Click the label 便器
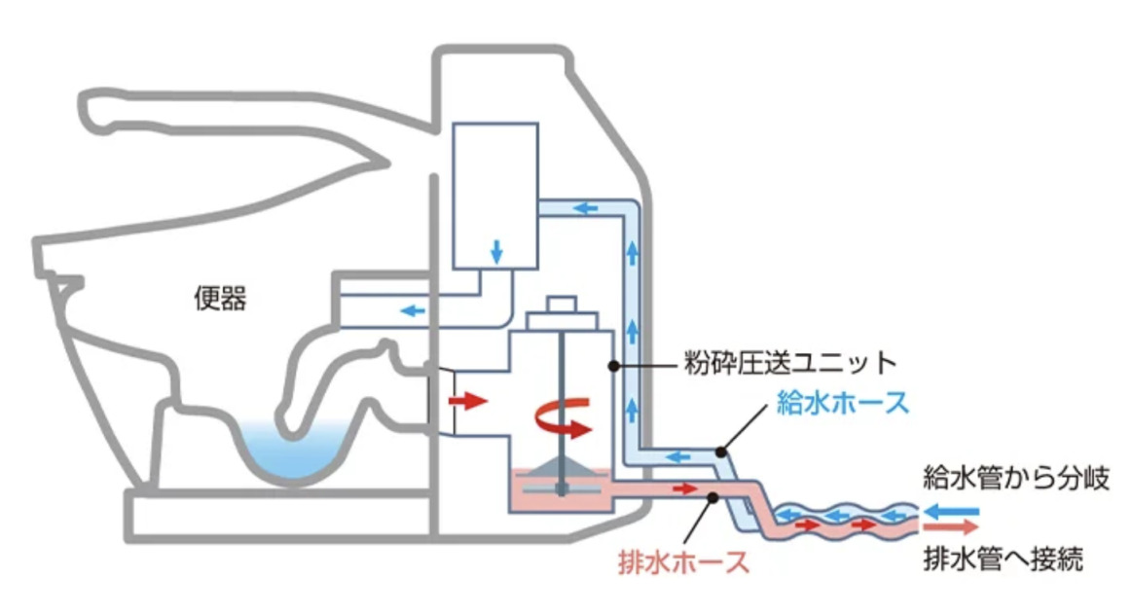coord(220,300)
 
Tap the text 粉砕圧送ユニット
coord(786,365)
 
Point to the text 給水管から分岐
coord(1016,481)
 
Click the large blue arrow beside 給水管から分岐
coord(951,509)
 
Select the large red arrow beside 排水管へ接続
coord(951,527)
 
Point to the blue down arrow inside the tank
coord(496,251)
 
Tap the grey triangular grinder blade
coord(563,468)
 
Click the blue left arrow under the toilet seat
coord(413,311)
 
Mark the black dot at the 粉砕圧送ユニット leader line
coord(613,366)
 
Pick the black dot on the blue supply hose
coord(720,451)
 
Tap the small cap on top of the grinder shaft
coord(562,306)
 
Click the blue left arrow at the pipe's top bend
coord(585,207)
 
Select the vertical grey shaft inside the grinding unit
coord(562,389)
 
